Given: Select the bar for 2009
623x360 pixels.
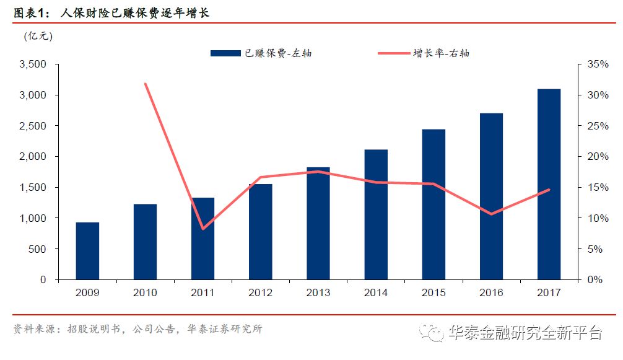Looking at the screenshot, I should (x=87, y=251).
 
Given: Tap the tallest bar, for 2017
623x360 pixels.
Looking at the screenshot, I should (x=549, y=184).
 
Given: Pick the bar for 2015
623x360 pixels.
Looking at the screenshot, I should (x=433, y=204).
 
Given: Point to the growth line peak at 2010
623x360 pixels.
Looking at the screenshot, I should (x=145, y=84).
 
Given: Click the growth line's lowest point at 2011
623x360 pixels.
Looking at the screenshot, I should (x=203, y=229).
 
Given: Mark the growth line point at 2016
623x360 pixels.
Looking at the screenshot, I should (x=491, y=214).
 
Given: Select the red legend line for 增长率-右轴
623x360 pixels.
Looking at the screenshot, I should (x=394, y=53).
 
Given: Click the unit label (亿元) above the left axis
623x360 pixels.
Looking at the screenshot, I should (x=38, y=36).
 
